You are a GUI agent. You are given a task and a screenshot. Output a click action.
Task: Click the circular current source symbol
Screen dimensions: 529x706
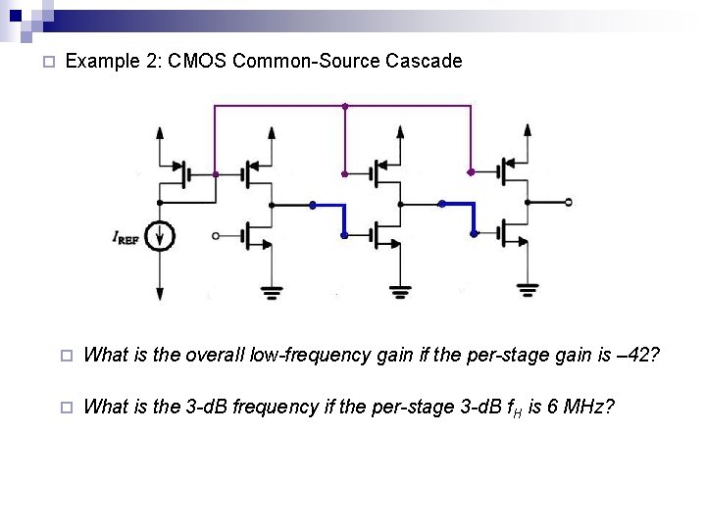(161, 236)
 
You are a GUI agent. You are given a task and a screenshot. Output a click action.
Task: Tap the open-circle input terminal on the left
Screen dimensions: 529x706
(217, 235)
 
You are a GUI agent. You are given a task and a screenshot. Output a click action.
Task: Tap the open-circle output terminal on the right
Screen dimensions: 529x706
(568, 203)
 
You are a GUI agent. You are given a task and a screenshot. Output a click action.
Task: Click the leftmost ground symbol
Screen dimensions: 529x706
(271, 290)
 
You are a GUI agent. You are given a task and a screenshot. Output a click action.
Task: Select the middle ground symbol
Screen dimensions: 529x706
(399, 290)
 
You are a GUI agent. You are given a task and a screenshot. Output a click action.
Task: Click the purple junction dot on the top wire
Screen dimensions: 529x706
(344, 106)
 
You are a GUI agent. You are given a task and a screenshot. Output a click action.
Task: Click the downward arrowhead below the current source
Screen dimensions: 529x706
(161, 292)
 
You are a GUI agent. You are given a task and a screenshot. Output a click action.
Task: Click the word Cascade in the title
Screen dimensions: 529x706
(422, 61)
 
